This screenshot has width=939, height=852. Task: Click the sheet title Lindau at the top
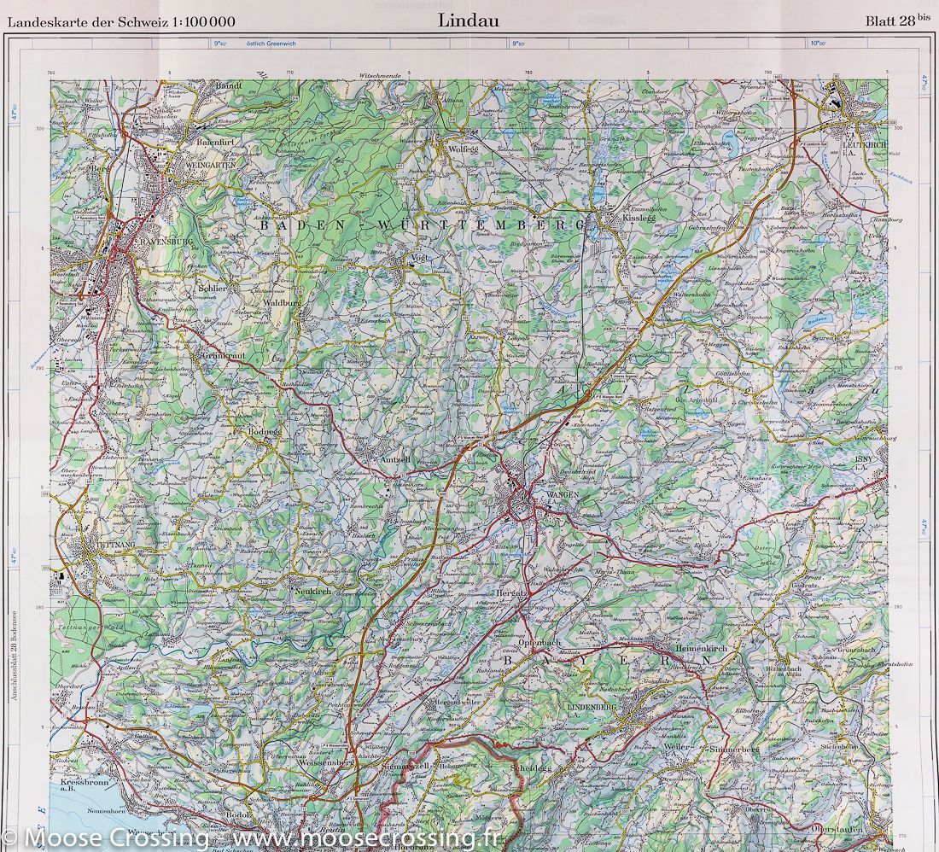point(469,19)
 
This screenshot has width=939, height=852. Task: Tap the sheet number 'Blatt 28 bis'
point(898,21)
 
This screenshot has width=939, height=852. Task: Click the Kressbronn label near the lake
point(88,783)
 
